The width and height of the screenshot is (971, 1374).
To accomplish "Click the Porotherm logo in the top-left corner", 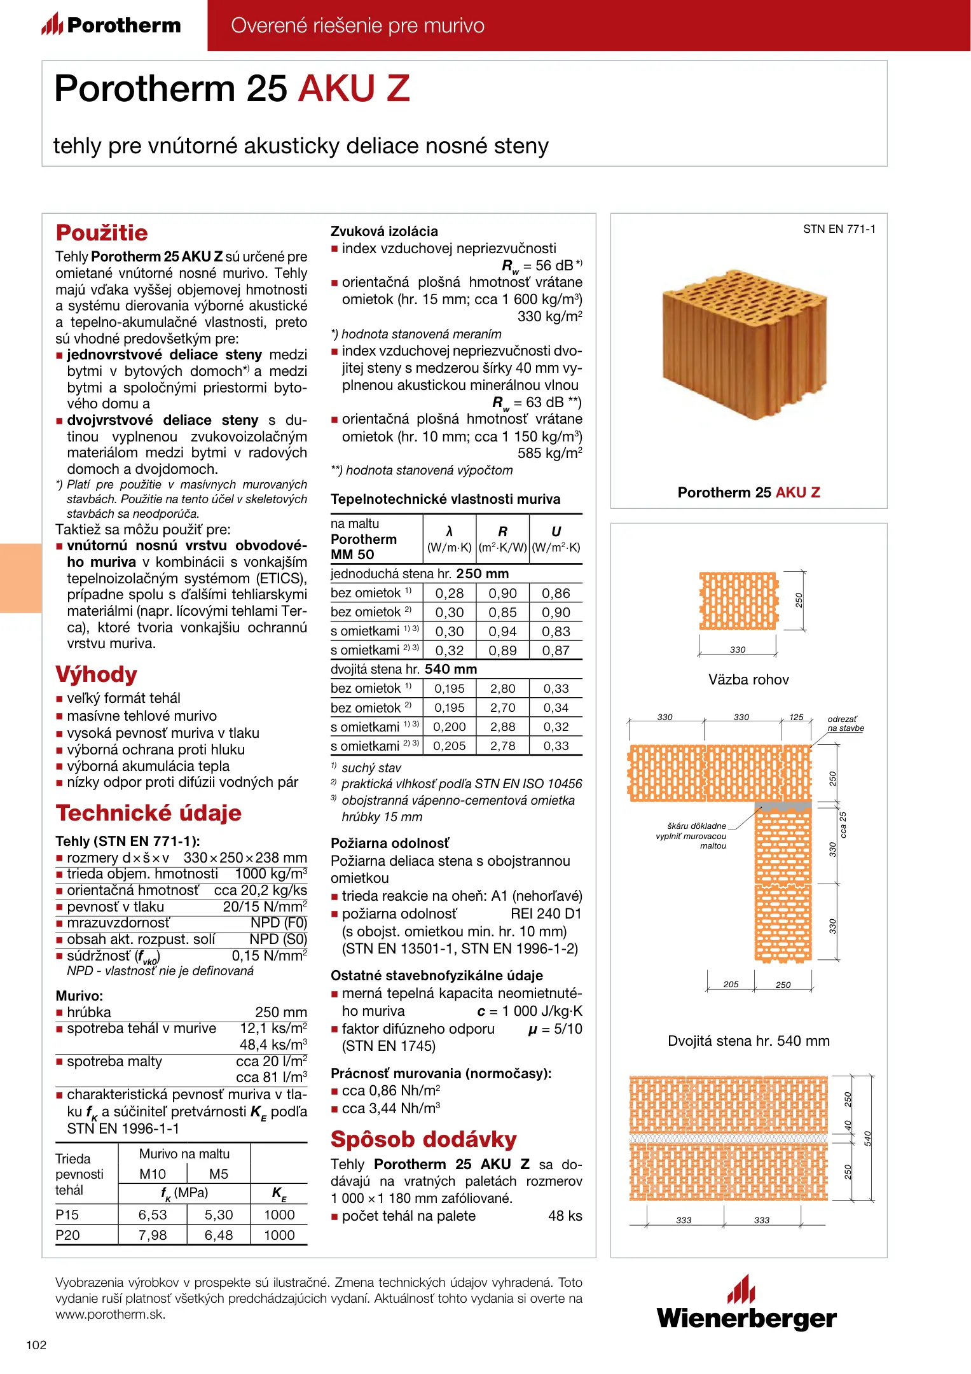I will (x=112, y=25).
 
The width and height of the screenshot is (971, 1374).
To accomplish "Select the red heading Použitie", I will (x=102, y=233).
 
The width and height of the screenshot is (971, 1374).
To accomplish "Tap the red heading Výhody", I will (x=97, y=674).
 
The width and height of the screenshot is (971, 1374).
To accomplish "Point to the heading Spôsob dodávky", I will (x=424, y=1139).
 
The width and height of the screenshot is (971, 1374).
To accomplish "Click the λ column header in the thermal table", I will (x=449, y=532).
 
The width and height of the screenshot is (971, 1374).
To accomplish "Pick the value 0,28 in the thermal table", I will (x=449, y=593).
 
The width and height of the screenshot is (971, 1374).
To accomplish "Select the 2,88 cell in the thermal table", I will (x=502, y=727).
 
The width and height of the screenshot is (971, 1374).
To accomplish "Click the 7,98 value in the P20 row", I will (x=153, y=1235).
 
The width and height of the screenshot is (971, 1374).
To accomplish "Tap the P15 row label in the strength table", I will (x=67, y=1214).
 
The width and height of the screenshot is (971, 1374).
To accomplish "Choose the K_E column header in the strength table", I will (x=279, y=1193).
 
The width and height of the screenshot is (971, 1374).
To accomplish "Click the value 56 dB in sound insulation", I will (x=554, y=266).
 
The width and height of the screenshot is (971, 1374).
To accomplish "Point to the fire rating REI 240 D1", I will (x=546, y=914).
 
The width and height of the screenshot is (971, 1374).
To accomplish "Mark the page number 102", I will (x=36, y=1345).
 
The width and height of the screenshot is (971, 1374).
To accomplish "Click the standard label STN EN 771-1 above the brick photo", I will (x=839, y=229).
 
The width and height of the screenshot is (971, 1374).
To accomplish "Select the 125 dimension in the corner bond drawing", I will (x=796, y=717).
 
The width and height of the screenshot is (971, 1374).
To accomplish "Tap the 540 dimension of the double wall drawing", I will (x=867, y=1138).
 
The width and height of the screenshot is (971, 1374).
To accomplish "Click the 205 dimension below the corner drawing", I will (x=731, y=984).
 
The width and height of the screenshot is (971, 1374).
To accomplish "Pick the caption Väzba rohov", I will (x=748, y=679).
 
